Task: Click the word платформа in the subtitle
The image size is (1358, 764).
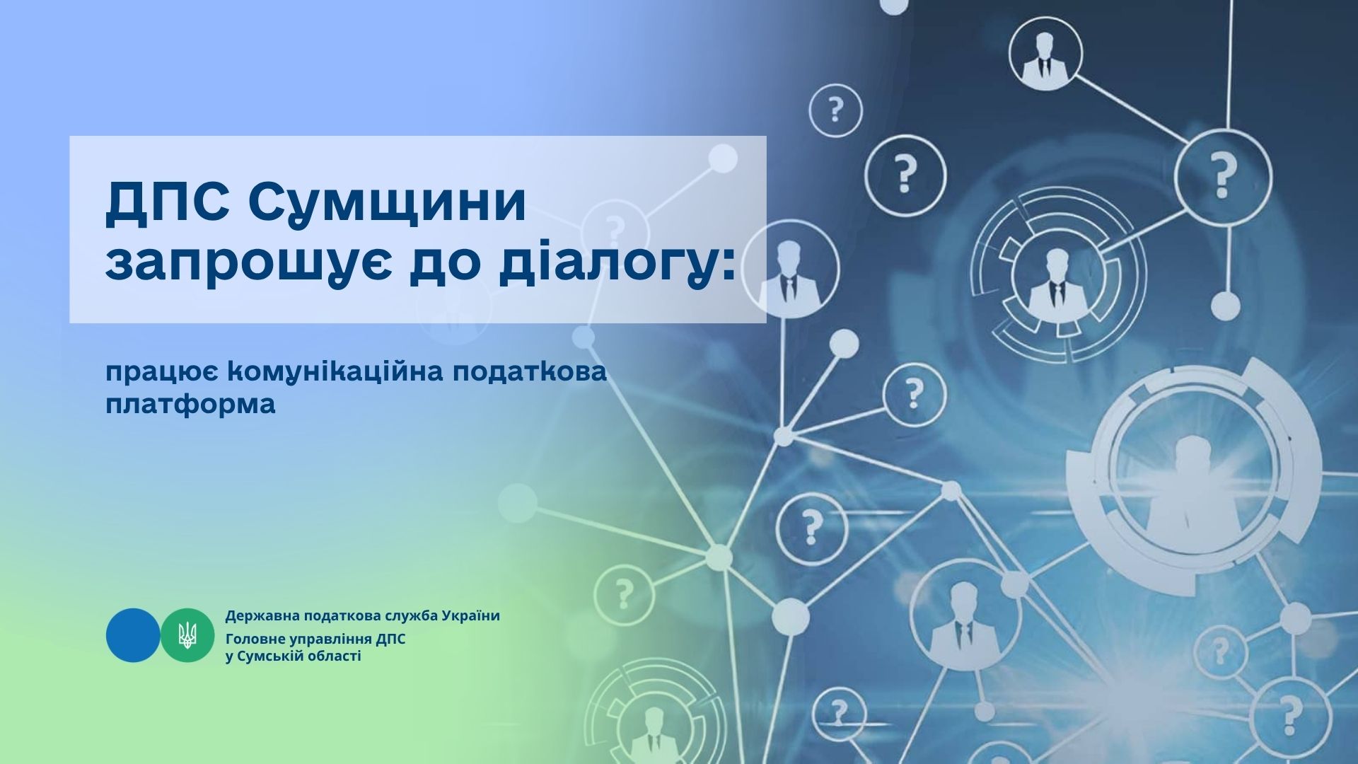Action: [190, 405]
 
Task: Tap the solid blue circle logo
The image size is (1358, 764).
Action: [133, 635]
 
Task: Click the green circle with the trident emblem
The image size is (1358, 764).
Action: [187, 635]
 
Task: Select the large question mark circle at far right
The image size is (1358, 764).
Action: [1223, 175]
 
